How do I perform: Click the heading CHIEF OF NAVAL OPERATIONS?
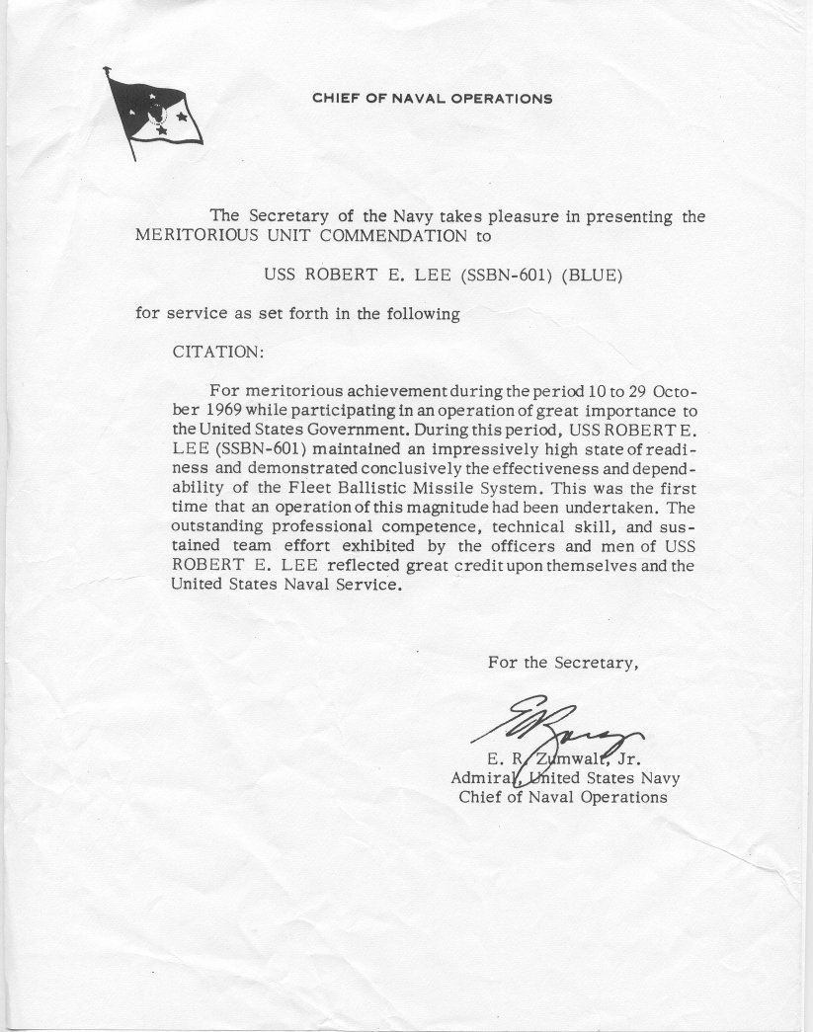click(432, 99)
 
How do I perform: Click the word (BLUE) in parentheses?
click(592, 276)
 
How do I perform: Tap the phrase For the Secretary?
click(562, 663)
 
